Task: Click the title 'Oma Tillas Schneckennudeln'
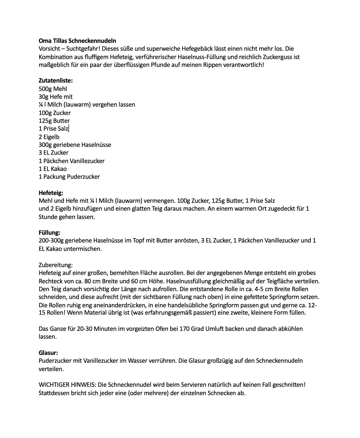tap(77, 41)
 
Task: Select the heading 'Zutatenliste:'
tap(56, 80)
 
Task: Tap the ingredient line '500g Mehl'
tap(53, 89)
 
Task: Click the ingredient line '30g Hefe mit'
tap(56, 97)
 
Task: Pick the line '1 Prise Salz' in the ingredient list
tap(53, 129)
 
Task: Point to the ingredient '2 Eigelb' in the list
tap(49, 137)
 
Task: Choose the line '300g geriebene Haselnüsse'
tap(75, 145)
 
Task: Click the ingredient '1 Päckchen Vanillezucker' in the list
tap(72, 161)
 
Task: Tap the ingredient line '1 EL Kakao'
tap(53, 169)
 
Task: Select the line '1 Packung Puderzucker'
tap(69, 177)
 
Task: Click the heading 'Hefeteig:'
tap(51, 193)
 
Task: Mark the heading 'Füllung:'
tap(50, 233)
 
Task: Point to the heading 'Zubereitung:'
tap(56, 265)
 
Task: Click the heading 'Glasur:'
tap(48, 353)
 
